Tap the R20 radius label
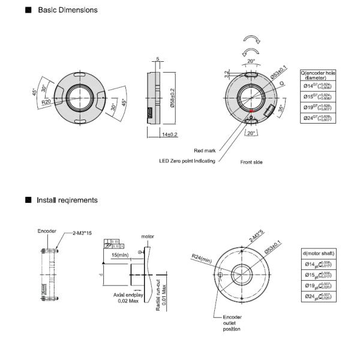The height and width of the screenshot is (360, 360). [x=46, y=102]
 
